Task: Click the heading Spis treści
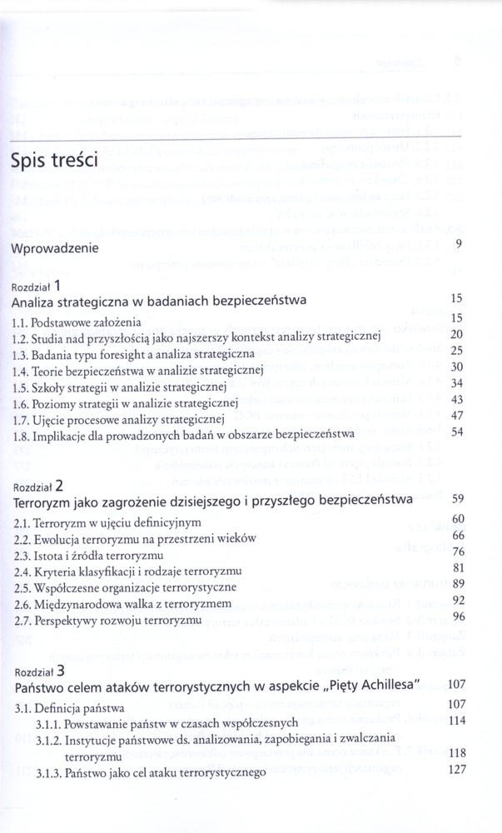click(x=56, y=158)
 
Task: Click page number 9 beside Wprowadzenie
click(x=459, y=243)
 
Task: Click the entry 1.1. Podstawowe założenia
click(x=77, y=321)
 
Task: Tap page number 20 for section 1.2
click(x=456, y=334)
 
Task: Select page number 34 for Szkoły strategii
click(x=456, y=382)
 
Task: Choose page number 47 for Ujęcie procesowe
click(x=456, y=415)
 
